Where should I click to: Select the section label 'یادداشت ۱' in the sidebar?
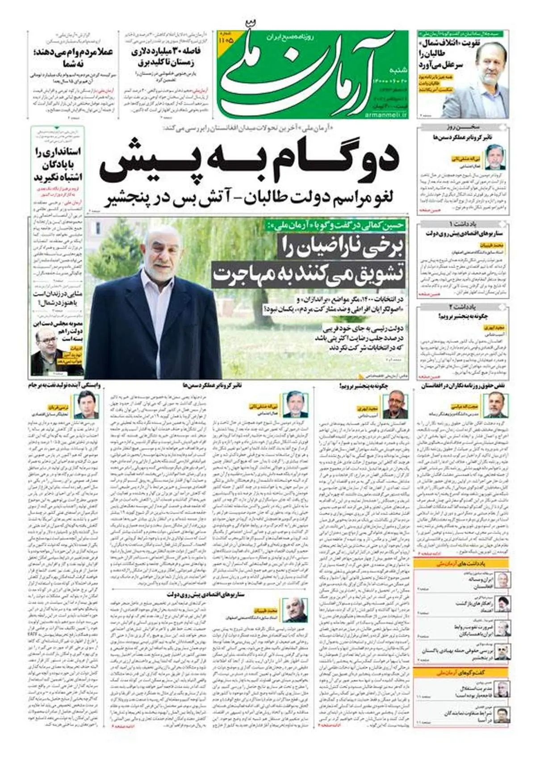point(463,223)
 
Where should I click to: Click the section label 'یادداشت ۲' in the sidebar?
point(463,307)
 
